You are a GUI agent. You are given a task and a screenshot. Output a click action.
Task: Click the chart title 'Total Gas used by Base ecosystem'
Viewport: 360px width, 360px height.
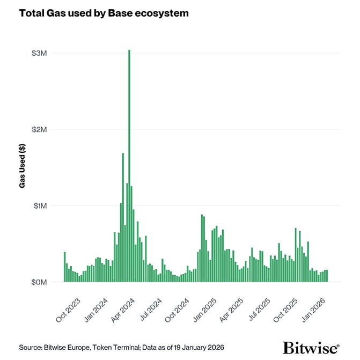pyautogui.click(x=104, y=13)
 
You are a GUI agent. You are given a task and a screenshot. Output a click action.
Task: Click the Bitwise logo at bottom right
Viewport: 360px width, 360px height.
pyautogui.click(x=311, y=347)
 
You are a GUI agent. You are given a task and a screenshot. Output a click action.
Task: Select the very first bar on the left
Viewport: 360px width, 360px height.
pyautogui.click(x=65, y=267)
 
